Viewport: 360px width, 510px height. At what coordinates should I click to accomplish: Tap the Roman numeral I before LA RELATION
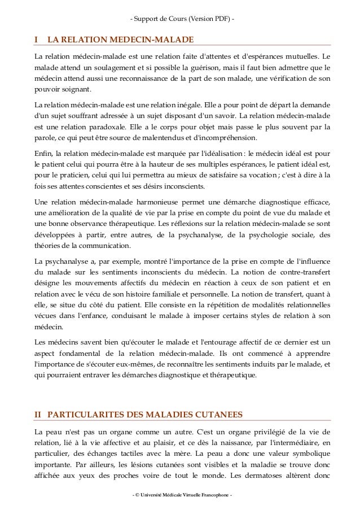coord(36,40)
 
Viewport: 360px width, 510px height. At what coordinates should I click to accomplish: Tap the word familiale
coord(205,294)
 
